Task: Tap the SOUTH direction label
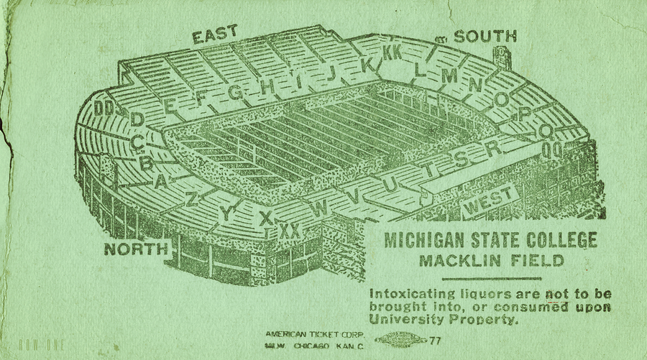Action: pyautogui.click(x=485, y=37)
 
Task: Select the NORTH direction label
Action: pyautogui.click(x=136, y=249)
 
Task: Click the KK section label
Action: pyautogui.click(x=393, y=52)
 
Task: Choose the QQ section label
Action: pyautogui.click(x=552, y=150)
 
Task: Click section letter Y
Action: pyautogui.click(x=227, y=213)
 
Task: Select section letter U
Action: pyautogui.click(x=390, y=184)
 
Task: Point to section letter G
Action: pyautogui.click(x=235, y=92)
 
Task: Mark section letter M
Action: pyautogui.click(x=450, y=75)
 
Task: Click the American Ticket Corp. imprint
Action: pyautogui.click(x=315, y=335)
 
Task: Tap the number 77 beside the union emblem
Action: pyautogui.click(x=436, y=341)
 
